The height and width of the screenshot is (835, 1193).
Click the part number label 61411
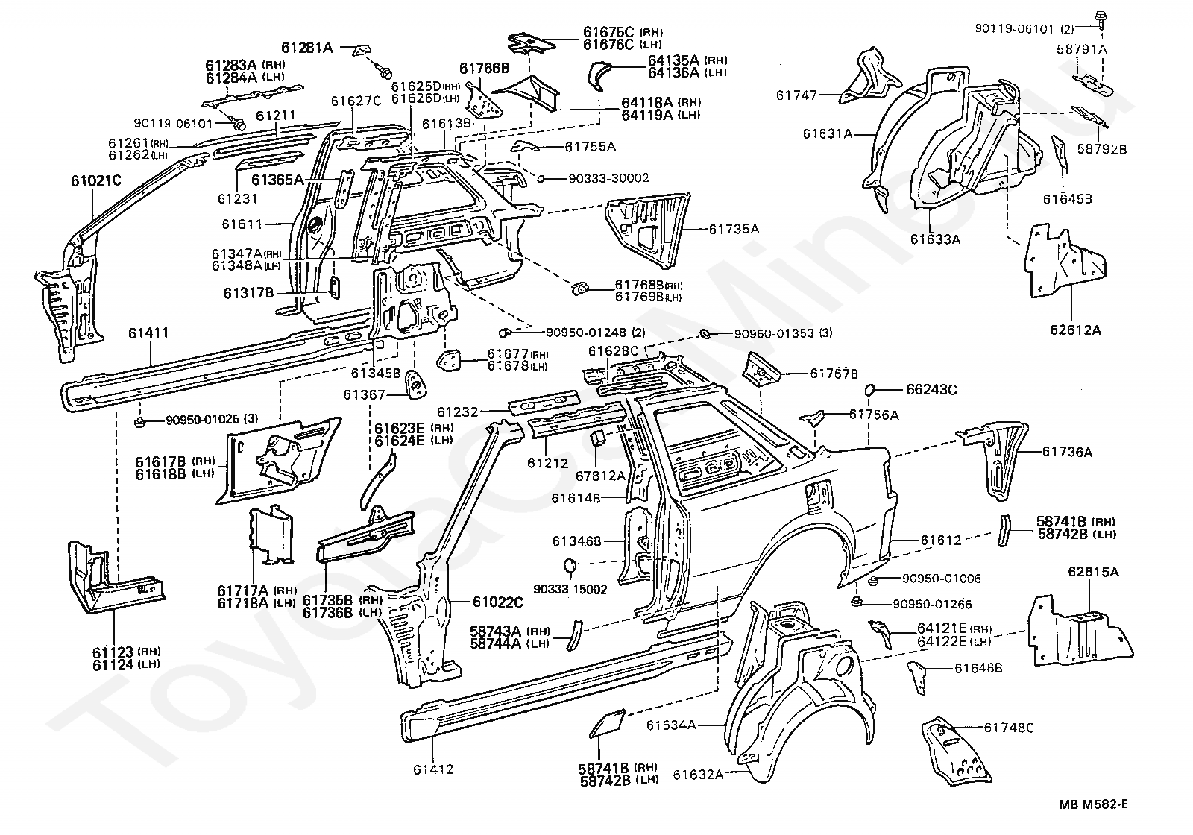[148, 333]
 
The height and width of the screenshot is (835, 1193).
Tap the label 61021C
[96, 181]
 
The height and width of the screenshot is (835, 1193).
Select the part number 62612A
[1075, 330]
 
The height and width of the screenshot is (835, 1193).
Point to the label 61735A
[734, 229]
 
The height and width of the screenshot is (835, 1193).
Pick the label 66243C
[931, 390]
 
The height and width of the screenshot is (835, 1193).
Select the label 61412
[433, 769]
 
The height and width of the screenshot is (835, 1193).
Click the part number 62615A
[1093, 572]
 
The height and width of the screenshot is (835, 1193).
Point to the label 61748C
[1009, 728]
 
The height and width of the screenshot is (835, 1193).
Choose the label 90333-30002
[608, 178]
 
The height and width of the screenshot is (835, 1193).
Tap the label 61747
[796, 95]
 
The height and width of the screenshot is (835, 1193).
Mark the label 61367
[364, 394]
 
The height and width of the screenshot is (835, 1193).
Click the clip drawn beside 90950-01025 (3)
[139, 423]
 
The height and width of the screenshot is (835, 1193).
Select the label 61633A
[935, 239]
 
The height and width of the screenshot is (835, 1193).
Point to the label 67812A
[600, 476]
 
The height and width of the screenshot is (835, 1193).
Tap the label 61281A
[306, 48]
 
